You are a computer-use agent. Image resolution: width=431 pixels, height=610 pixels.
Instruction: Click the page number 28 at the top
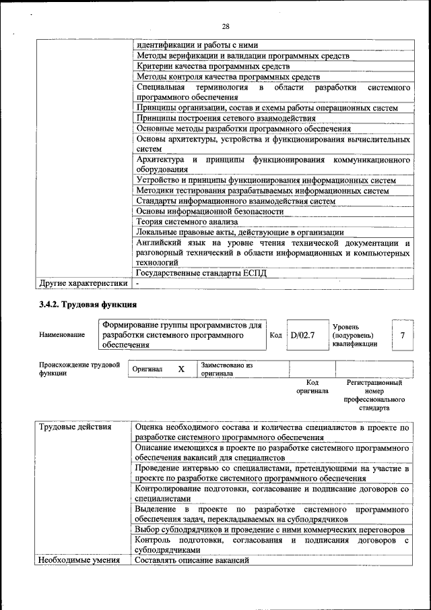click(x=225, y=26)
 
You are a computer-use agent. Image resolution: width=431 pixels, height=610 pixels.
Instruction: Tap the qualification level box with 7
click(x=402, y=335)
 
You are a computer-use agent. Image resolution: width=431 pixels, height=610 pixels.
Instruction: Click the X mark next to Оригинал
click(x=180, y=369)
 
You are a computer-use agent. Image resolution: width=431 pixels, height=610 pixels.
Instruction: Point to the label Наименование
click(x=62, y=335)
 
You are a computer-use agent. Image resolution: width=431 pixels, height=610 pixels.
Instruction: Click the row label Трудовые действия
click(x=75, y=427)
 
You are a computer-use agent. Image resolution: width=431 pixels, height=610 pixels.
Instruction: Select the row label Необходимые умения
click(x=79, y=560)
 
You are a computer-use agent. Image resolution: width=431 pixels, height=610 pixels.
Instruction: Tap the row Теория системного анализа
click(x=187, y=220)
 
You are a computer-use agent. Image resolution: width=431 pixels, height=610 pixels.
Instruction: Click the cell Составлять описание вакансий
click(x=193, y=560)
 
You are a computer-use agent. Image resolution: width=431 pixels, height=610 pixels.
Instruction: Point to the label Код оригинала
click(x=312, y=386)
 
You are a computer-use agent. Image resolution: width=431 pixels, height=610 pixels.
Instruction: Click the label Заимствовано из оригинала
click(x=226, y=369)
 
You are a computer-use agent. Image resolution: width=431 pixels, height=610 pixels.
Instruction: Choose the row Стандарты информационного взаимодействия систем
click(x=236, y=200)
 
